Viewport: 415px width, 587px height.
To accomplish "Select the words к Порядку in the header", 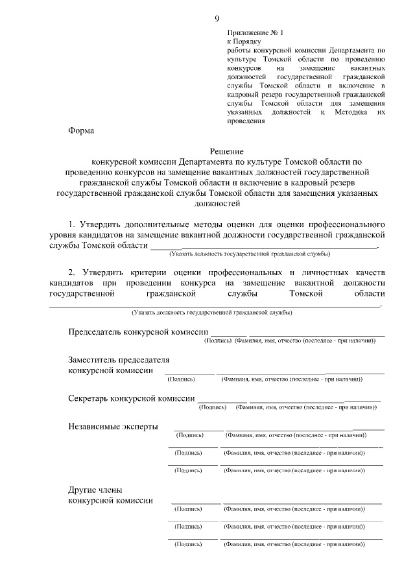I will [244, 41].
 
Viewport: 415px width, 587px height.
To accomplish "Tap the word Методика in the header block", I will [349, 112].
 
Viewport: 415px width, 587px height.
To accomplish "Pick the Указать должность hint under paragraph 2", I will [211, 313].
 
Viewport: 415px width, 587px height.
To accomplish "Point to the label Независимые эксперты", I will [112, 426].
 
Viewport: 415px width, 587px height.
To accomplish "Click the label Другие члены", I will [95, 490].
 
